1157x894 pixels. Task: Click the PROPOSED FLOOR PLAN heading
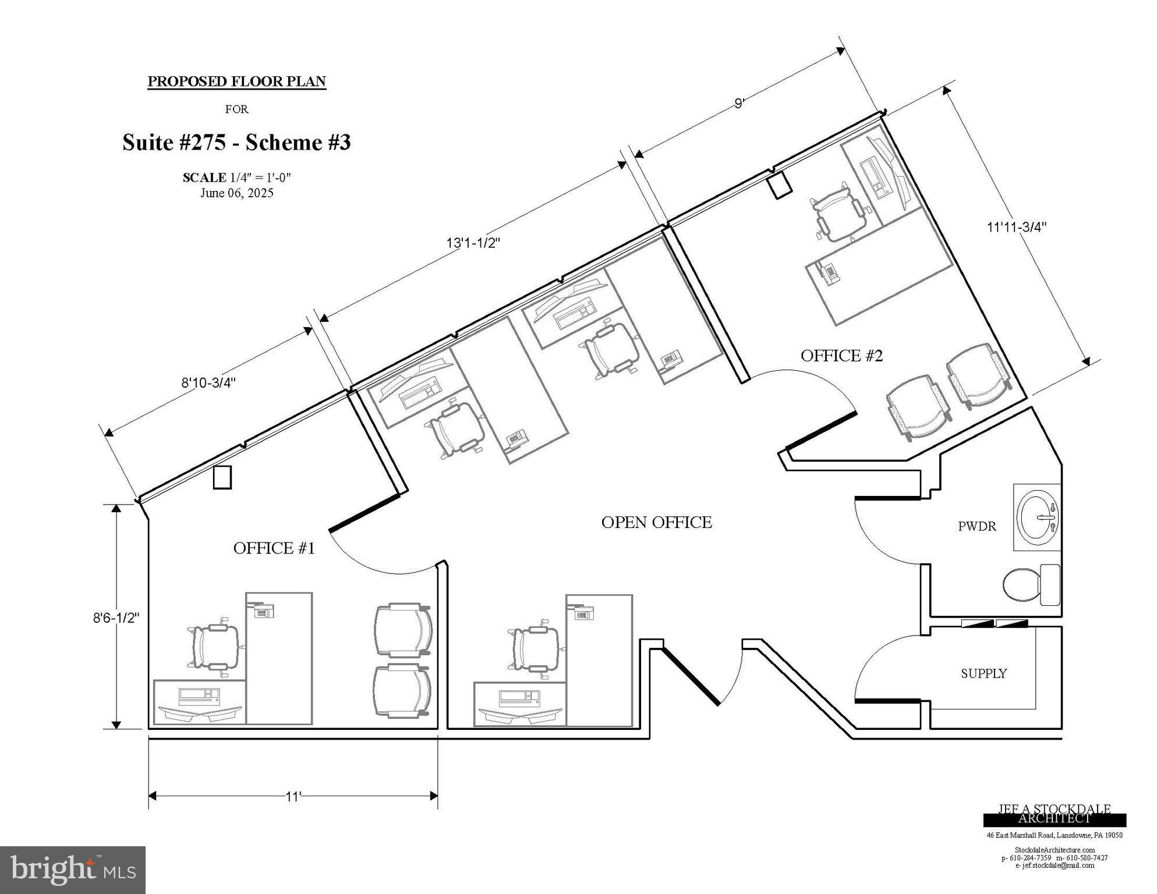[x=236, y=81]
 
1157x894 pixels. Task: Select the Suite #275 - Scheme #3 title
[x=236, y=143]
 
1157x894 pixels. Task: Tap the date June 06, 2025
[x=236, y=193]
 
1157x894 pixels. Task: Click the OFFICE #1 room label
[x=274, y=548]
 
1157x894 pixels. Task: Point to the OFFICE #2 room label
[x=841, y=356]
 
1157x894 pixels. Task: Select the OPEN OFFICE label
[x=656, y=523]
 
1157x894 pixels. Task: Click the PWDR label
[x=976, y=527]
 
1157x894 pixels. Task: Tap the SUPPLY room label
[x=983, y=673]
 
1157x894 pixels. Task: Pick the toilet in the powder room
[x=1030, y=584]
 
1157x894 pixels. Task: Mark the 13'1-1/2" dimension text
[x=473, y=243]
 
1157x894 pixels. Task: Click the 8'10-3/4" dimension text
[x=208, y=383]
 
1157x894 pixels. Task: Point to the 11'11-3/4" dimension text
[x=1016, y=227]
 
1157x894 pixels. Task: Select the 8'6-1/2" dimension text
[x=116, y=618]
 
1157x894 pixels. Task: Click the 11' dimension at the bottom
[x=293, y=797]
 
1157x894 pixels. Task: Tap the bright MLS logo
[x=72, y=870]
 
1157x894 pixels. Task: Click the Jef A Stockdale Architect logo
[x=1054, y=814]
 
